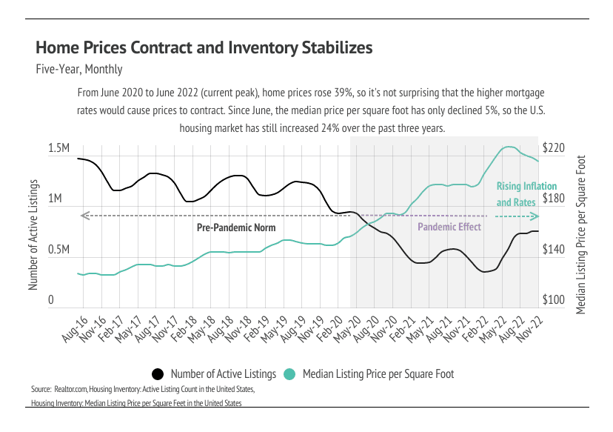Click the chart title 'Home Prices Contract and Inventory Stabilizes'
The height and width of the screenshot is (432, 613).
click(x=204, y=48)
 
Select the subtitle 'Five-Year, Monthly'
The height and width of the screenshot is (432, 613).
click(x=78, y=70)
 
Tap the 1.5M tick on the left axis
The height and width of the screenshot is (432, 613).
click(x=58, y=149)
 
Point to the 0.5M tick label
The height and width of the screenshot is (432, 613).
click(x=58, y=250)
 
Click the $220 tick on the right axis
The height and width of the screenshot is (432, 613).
click(x=554, y=148)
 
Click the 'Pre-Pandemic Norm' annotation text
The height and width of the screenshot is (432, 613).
click(x=235, y=227)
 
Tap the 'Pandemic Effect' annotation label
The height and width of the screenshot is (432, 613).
click(x=449, y=227)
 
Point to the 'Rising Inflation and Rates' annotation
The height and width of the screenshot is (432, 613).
click(x=516, y=194)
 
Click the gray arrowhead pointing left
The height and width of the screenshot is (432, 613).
click(x=84, y=216)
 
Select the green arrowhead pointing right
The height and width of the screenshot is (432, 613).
click(x=535, y=216)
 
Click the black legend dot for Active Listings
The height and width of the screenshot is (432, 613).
click(x=157, y=373)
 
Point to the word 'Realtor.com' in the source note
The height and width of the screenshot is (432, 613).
click(x=70, y=388)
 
